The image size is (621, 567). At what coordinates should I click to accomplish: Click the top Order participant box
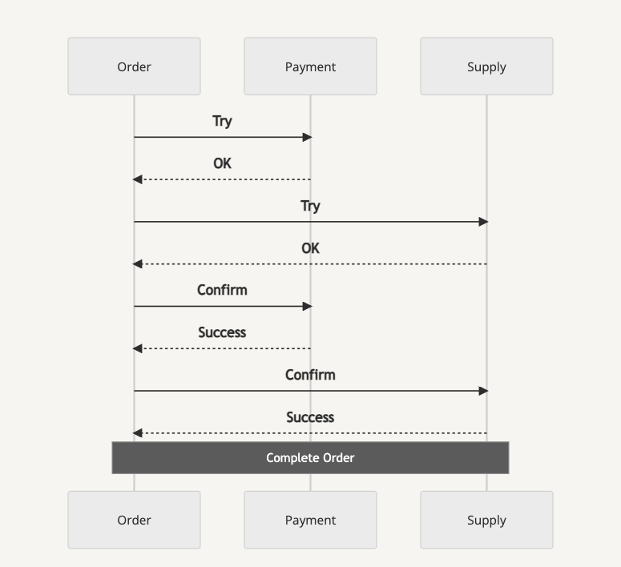click(135, 66)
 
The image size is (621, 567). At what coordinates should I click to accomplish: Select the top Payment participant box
click(311, 66)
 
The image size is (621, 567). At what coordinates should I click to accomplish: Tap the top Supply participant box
click(486, 66)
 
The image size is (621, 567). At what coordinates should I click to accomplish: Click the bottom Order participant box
click(135, 520)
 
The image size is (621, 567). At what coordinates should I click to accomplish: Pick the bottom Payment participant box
click(311, 520)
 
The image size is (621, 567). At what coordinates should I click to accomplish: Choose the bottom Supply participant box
click(486, 520)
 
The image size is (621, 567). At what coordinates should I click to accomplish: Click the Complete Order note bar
click(311, 458)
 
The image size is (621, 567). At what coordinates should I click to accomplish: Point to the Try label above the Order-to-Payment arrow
click(222, 121)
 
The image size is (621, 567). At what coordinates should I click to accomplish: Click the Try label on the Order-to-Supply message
click(311, 206)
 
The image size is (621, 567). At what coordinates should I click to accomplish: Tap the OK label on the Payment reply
click(222, 163)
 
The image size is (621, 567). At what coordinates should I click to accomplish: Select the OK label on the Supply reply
click(311, 248)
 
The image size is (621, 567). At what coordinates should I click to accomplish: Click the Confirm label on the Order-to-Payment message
click(222, 290)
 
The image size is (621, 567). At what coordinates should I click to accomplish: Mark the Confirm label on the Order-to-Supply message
click(311, 375)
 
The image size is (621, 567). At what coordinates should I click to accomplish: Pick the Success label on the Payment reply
click(222, 332)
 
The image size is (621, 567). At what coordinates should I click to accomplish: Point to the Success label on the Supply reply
click(311, 417)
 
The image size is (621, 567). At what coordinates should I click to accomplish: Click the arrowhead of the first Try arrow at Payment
click(308, 138)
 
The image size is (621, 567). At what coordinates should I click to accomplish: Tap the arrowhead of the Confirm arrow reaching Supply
click(483, 391)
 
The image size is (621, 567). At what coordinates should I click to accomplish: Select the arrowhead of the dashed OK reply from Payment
click(138, 179)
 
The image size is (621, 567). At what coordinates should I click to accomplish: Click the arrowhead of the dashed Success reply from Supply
click(138, 433)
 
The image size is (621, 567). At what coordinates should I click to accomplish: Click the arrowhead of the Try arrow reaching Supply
click(483, 222)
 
